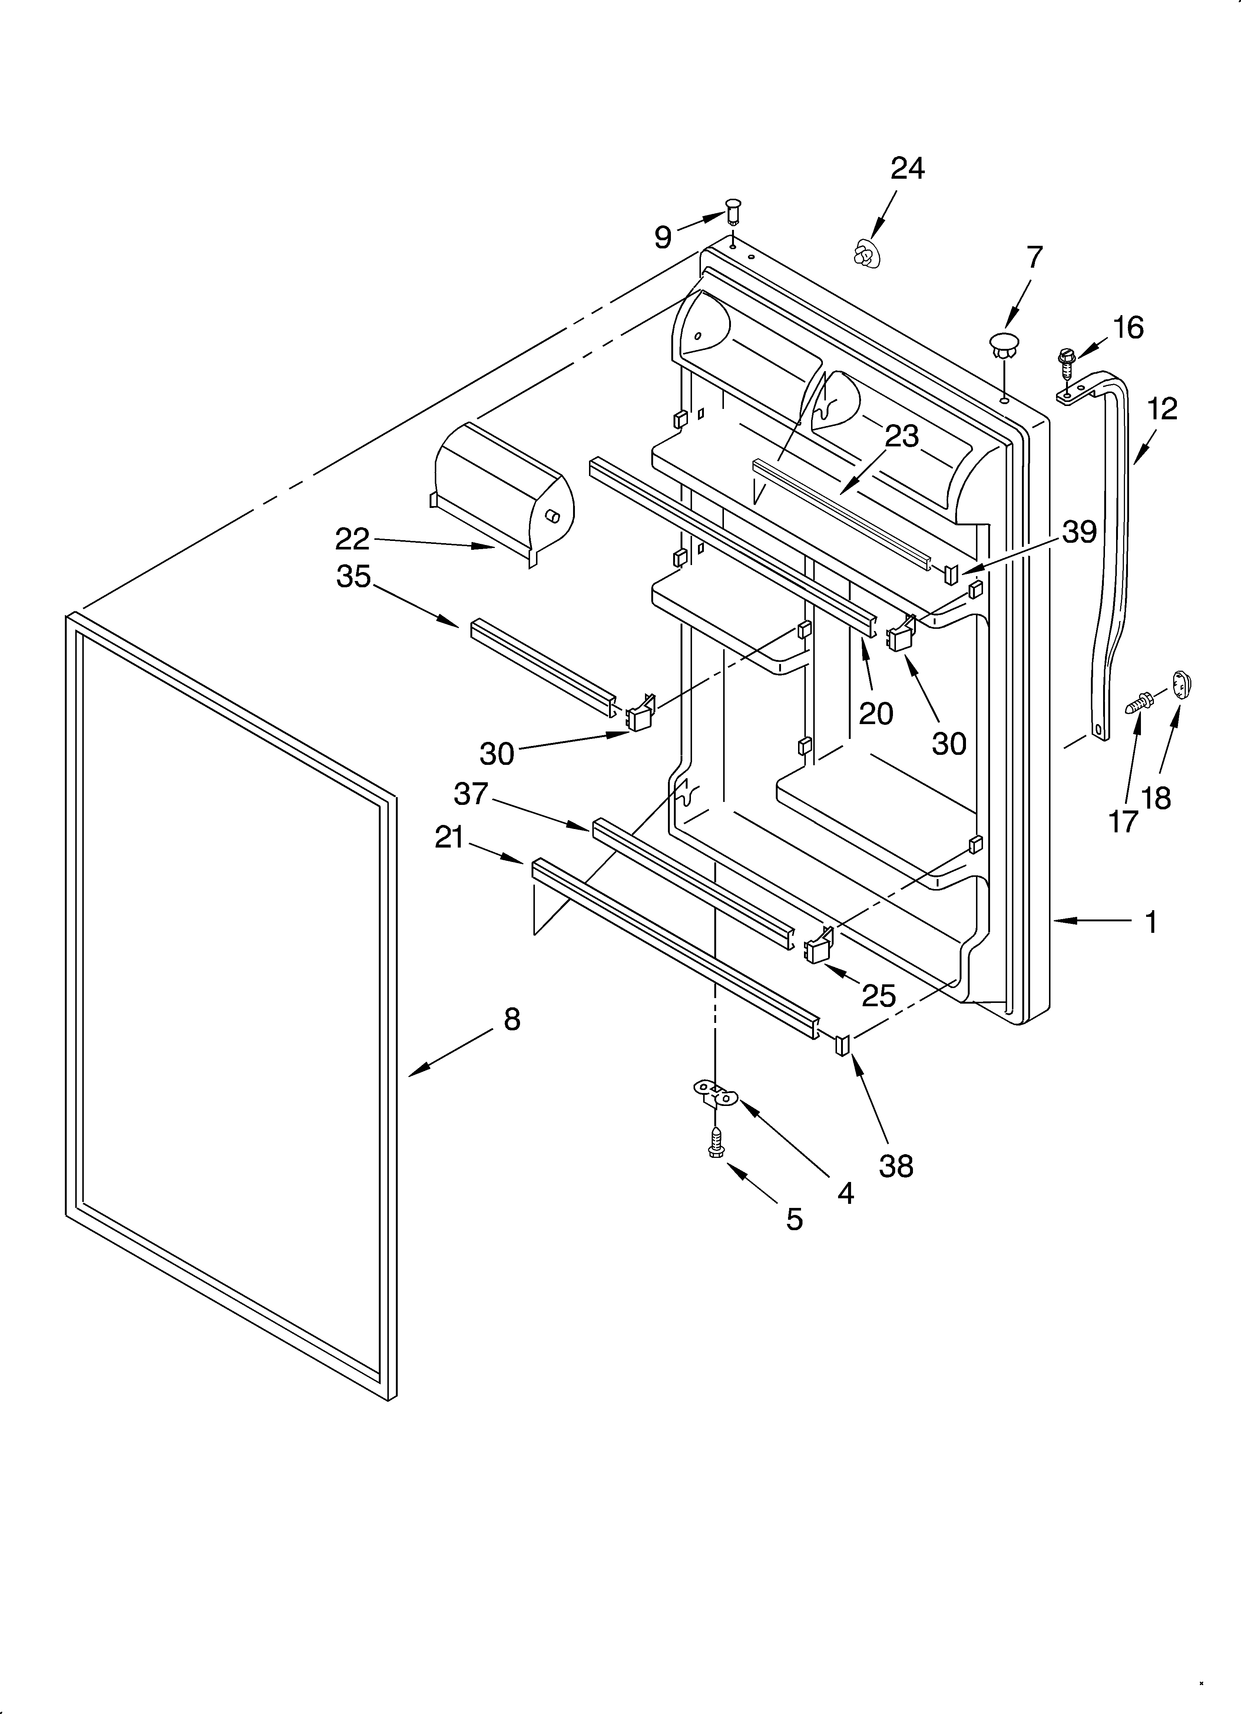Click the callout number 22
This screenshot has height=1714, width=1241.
tap(352, 539)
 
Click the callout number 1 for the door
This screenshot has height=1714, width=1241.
tap(1150, 921)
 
